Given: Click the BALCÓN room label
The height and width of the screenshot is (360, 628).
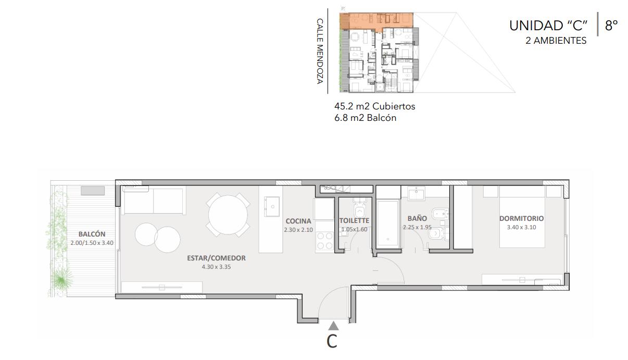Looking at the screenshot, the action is tap(92, 234).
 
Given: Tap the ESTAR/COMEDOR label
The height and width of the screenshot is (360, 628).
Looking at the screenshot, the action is tap(216, 258).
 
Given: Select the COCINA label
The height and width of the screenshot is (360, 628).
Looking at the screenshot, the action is tap(298, 221).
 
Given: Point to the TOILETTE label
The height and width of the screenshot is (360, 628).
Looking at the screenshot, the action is tap(354, 220).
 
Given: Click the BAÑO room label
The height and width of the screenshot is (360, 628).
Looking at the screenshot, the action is tap(417, 218).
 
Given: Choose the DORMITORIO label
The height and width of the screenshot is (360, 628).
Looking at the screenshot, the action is tap(521, 218).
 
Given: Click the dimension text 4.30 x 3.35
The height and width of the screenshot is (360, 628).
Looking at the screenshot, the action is tap(216, 267).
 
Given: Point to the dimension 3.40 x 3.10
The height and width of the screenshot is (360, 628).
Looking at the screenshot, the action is tap(521, 227).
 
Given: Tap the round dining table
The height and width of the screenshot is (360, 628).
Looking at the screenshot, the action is tap(228, 215).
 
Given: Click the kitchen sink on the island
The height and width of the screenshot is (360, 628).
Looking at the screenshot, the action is tap(272, 206).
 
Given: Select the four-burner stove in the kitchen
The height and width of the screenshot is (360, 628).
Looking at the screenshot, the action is tap(324, 241).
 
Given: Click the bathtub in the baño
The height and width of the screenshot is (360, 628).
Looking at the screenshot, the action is tap(388, 224).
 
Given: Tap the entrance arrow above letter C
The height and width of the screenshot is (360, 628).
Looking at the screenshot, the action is tap(333, 326).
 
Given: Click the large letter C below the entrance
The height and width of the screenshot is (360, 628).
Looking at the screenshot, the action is tap(332, 341).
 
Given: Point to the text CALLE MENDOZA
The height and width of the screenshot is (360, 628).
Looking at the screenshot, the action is tap(320, 51).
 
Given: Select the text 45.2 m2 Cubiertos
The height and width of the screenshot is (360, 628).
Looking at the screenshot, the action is tap(374, 106).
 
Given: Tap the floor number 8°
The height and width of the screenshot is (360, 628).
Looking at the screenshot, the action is tap(611, 26).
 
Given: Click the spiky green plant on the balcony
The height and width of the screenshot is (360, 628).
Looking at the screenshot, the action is tap(61, 279).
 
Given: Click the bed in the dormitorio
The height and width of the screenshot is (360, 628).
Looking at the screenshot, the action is tap(522, 217).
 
